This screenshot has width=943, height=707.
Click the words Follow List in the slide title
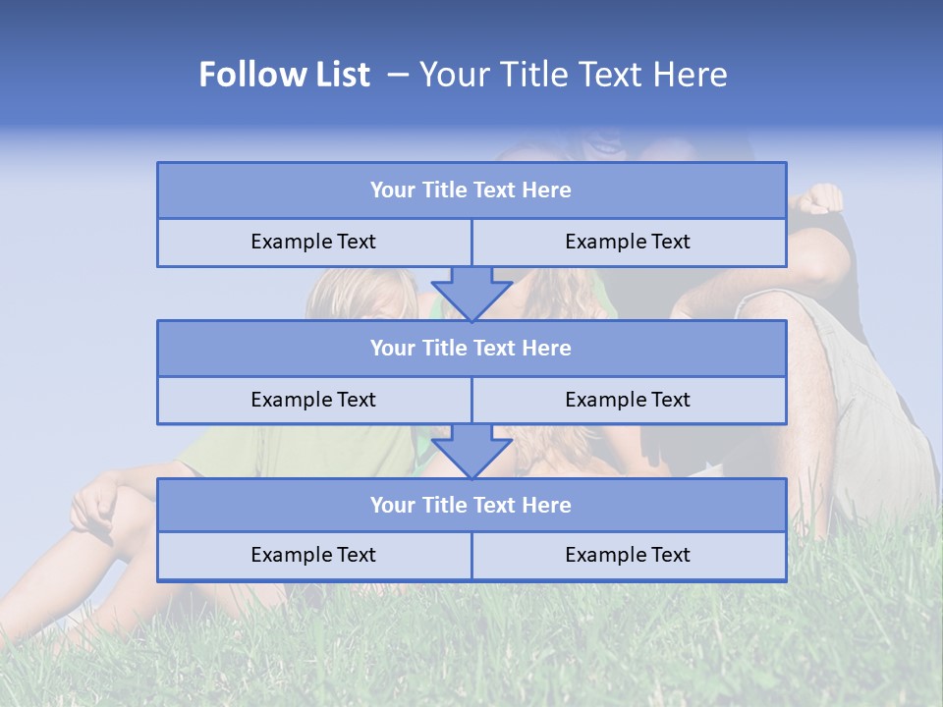pos(285,75)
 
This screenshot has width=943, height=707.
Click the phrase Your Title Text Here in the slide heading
pos(573,75)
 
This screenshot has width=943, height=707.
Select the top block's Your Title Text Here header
pos(471,190)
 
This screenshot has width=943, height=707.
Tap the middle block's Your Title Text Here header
pos(471,348)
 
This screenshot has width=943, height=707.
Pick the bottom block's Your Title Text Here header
pos(471,505)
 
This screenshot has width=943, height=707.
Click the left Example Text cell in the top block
pos(313,242)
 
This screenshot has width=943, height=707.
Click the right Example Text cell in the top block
pos(628,242)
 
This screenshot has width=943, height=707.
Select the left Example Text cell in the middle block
pos(313,400)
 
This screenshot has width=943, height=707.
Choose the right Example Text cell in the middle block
pos(628,400)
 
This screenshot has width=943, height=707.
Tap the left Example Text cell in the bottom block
pos(313,555)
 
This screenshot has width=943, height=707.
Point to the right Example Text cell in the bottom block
pos(628,555)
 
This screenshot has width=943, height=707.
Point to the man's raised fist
pos(819,198)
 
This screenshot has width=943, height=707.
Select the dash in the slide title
pos(398,75)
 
